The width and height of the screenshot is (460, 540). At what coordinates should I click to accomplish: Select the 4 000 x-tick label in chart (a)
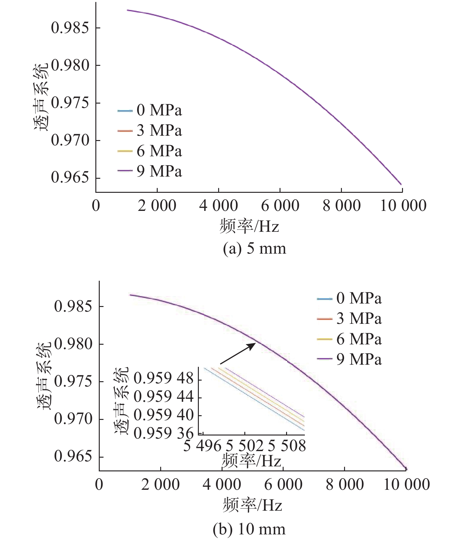[x=218, y=206]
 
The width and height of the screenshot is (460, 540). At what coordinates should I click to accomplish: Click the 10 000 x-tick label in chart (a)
[x=403, y=206]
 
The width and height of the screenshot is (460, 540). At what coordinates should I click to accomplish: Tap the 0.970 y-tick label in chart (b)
[x=73, y=419]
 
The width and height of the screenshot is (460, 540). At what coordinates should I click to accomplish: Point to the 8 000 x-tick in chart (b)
[x=344, y=484]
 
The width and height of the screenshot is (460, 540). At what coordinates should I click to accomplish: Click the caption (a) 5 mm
[x=254, y=249]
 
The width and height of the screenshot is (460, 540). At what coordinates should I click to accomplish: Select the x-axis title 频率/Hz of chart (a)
[x=249, y=226]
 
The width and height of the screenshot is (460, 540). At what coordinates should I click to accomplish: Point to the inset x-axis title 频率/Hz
[x=251, y=461]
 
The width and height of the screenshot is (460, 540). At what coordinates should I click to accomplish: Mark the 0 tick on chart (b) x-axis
[x=99, y=484]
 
